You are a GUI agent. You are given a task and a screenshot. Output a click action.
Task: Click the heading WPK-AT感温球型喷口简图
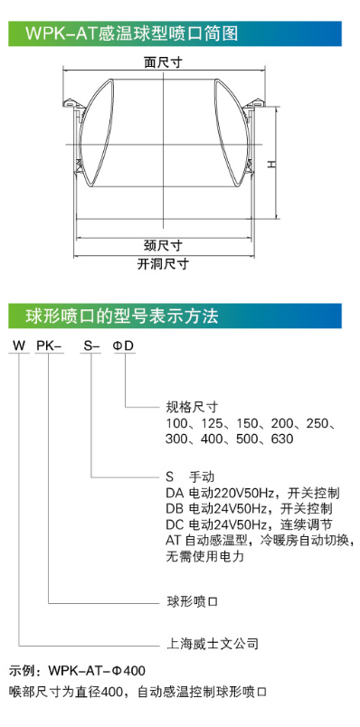132,34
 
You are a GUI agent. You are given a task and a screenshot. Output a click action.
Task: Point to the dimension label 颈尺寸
163,245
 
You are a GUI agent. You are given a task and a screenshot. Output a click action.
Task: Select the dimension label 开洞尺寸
163,264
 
